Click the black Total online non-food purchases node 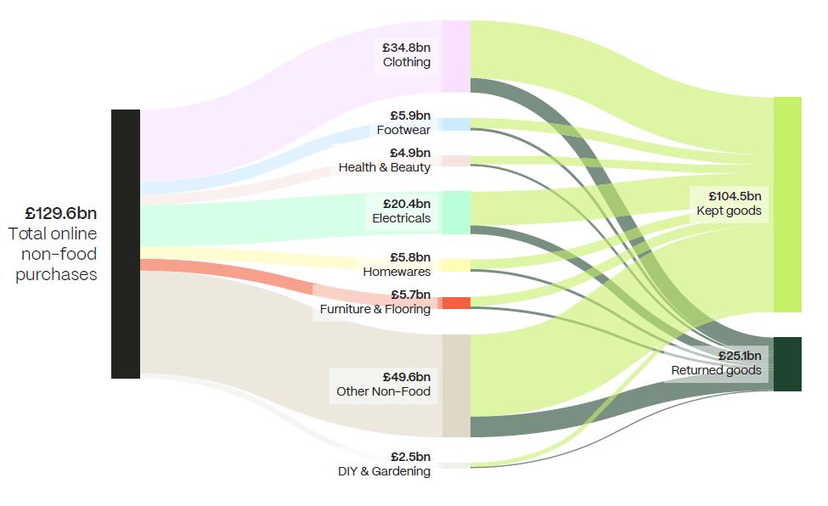126,244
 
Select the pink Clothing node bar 456,56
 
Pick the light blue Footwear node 456,124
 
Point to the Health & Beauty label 385,167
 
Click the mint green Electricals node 456,212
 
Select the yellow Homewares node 456,265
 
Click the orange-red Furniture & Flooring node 456,303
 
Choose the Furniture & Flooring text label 375,309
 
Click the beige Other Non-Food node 456,385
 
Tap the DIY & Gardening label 384,471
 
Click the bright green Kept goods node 787,205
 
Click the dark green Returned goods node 787,364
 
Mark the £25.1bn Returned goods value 739,356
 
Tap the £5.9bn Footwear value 410,115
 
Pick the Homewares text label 397,272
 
